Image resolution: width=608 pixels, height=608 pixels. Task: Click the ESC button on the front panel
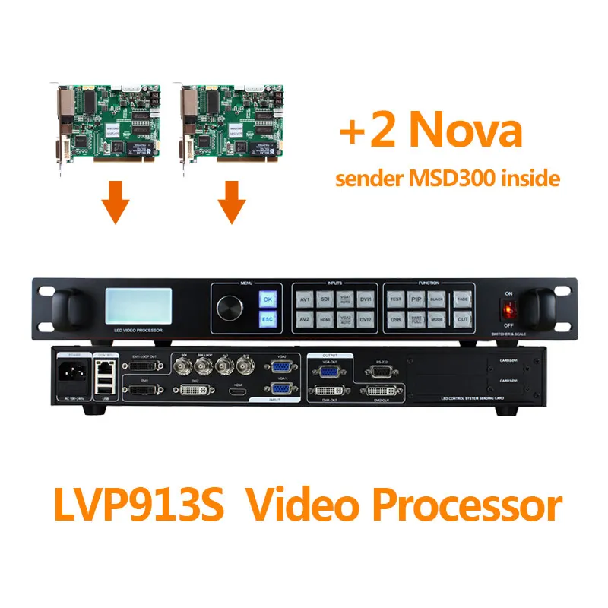pyautogui.click(x=267, y=319)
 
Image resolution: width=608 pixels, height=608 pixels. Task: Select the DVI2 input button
pyautogui.click(x=366, y=319)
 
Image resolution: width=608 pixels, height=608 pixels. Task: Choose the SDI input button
pyautogui.click(x=324, y=299)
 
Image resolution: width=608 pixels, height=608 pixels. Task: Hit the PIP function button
pyautogui.click(x=415, y=299)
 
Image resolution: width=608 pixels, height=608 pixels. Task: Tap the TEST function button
pyautogui.click(x=395, y=299)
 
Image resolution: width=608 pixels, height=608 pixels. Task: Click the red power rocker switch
pyautogui.click(x=507, y=309)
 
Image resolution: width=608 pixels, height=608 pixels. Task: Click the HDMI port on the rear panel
pyautogui.click(x=236, y=392)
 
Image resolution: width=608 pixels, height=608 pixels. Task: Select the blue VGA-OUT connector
pyautogui.click(x=328, y=372)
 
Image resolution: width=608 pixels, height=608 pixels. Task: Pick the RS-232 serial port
pyautogui.click(x=379, y=372)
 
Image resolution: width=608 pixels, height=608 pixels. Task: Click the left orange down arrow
pyautogui.click(x=116, y=203)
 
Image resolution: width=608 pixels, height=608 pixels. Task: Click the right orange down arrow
pyautogui.click(x=231, y=203)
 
